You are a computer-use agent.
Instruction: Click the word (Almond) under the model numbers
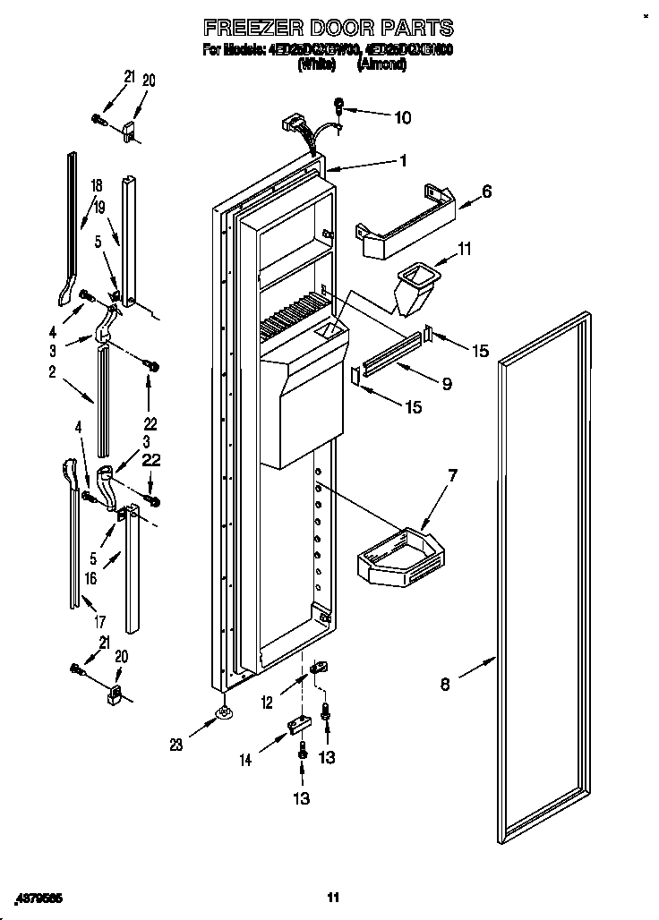click(381, 64)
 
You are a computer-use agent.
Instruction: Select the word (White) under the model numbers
click(315, 64)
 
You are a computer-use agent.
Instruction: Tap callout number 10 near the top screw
click(403, 116)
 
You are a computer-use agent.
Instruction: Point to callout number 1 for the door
click(403, 161)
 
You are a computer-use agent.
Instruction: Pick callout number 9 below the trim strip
click(445, 384)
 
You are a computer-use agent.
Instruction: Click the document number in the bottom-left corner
click(42, 897)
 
